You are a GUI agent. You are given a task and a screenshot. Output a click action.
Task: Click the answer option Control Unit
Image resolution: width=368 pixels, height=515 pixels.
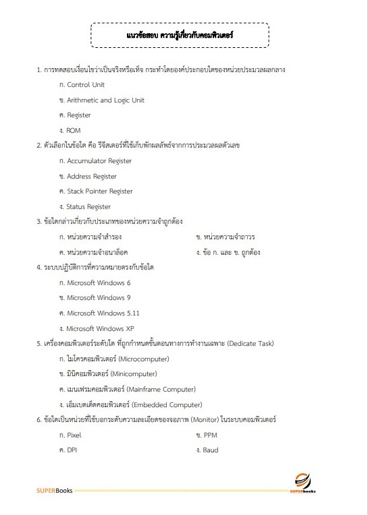click(86, 85)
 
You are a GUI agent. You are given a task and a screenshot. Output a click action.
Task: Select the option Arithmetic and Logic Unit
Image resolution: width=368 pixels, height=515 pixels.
click(105, 100)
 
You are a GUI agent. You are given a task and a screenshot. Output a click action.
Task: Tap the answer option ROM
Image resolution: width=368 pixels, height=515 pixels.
click(74, 129)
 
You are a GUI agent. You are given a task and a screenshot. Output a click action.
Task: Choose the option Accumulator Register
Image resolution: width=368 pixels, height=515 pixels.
click(99, 161)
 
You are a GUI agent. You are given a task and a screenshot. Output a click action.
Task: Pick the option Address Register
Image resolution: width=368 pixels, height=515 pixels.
click(92, 177)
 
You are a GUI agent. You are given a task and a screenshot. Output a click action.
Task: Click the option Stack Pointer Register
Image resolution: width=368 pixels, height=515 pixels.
click(100, 191)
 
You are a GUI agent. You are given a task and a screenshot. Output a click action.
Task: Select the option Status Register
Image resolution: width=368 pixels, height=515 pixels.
click(88, 207)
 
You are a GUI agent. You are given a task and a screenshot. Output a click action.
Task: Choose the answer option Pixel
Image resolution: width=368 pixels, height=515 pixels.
click(74, 435)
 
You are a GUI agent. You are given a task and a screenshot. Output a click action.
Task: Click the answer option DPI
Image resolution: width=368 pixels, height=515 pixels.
click(72, 450)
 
